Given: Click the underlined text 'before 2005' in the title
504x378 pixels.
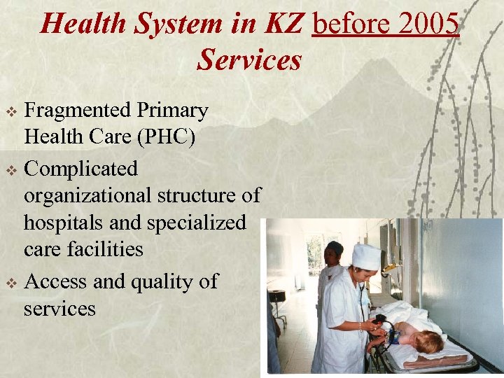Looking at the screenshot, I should [x=386, y=24].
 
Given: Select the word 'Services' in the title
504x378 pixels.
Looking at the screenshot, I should [x=249, y=60].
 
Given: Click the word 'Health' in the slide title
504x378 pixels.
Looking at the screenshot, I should [x=83, y=24].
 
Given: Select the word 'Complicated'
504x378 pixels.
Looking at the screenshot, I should [x=81, y=169].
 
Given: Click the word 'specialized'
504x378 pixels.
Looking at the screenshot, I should [x=197, y=223].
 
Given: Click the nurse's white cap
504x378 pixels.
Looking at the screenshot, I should [x=366, y=257].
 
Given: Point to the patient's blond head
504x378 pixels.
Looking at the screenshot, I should [x=428, y=342].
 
